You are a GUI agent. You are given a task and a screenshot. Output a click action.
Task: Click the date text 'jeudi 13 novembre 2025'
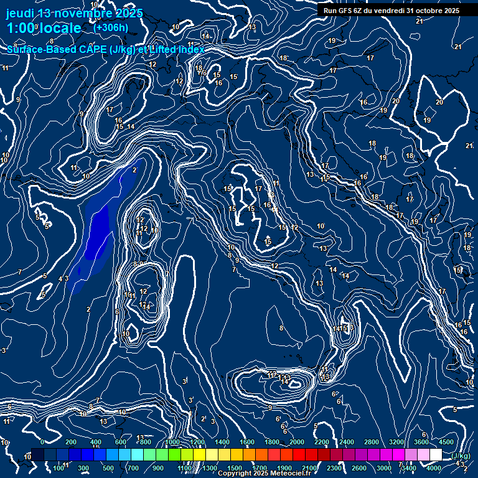tap(74, 13)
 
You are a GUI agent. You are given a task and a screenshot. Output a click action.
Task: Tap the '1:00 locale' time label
tap(44, 28)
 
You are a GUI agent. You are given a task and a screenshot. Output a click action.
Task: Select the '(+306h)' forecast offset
tap(110, 27)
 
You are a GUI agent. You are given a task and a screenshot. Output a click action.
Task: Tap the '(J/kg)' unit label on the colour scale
tap(461, 456)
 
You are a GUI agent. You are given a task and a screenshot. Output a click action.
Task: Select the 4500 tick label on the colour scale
tap(446, 442)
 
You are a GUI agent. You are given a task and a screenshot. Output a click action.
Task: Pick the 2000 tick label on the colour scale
tap(297, 442)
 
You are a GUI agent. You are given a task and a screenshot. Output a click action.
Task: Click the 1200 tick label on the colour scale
tap(197, 442)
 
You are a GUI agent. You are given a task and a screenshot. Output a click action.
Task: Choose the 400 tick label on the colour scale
tap(96, 442)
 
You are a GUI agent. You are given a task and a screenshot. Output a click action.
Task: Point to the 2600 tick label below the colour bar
tap(359, 468)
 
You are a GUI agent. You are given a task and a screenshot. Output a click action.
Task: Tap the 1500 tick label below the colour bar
tap(235, 468)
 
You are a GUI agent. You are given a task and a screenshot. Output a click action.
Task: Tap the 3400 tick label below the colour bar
tap(409, 468)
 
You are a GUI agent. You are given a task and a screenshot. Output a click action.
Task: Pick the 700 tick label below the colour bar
tap(133, 468)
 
